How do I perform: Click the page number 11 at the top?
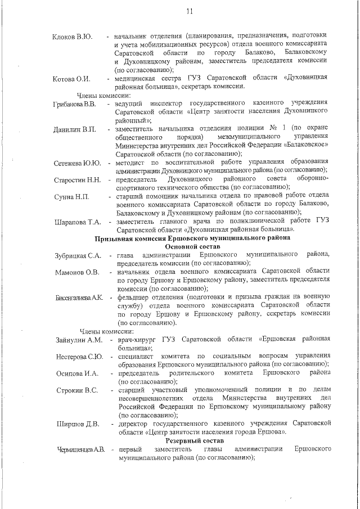[189, 11]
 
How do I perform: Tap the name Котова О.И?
[71, 79]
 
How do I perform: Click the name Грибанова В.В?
[75, 104]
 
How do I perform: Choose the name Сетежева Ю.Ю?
[77, 163]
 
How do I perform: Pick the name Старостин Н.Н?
[77, 180]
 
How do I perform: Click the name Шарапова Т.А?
[77, 222]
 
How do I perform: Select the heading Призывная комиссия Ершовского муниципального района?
[193, 238]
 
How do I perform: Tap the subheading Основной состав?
[192, 247]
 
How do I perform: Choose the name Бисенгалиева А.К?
[79, 298]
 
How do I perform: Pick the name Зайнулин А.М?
[79, 340]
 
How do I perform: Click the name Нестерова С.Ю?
[79, 357]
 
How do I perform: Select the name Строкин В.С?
[76, 390]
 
